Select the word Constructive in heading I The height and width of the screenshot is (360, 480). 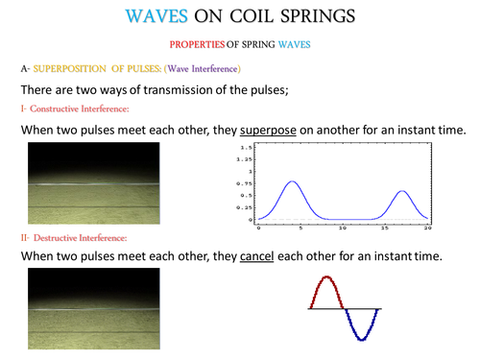[65, 108]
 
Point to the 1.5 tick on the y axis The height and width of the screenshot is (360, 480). [247, 148]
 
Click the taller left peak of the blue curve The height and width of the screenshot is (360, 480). [293, 182]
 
